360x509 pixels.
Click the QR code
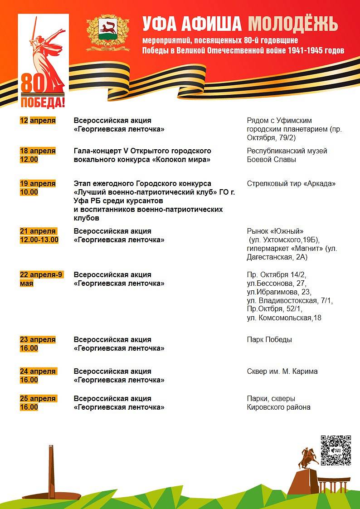click(336, 450)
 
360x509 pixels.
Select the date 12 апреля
click(38, 120)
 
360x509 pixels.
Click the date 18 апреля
click(38, 151)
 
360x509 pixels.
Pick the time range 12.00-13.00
click(39, 240)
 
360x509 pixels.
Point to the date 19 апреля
click(38, 183)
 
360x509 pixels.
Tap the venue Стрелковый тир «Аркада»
click(291, 184)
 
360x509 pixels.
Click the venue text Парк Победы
click(269, 339)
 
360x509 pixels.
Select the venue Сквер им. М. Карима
click(282, 371)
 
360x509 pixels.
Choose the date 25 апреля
click(38, 398)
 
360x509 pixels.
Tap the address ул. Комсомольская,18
click(284, 318)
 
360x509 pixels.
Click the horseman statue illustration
click(308, 458)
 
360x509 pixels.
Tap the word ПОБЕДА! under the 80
click(43, 103)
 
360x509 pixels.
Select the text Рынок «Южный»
click(275, 231)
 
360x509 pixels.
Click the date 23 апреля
click(38, 339)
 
